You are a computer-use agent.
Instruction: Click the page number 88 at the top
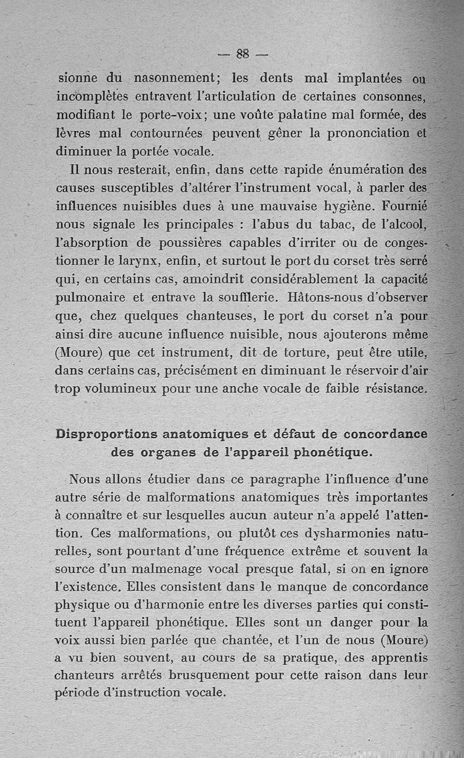[x=242, y=54]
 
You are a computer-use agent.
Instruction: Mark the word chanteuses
[x=220, y=316]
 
